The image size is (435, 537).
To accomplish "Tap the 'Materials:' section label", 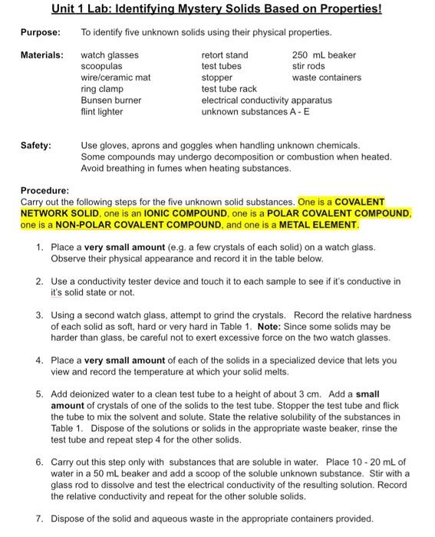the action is (x=41, y=55).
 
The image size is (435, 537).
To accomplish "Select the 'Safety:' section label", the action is (x=35, y=145).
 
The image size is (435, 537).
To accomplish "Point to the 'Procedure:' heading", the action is (x=45, y=190).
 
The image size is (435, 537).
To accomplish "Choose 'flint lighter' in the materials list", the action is (x=102, y=111).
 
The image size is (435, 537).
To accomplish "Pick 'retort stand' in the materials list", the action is (x=224, y=55).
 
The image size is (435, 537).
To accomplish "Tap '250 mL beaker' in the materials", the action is (x=324, y=55).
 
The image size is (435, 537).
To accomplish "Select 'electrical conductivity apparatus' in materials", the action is (x=266, y=100).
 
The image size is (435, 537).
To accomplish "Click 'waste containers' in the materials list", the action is (x=326, y=77).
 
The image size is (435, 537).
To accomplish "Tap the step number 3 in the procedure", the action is (x=39, y=315).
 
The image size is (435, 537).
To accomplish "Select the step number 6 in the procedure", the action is (x=39, y=463).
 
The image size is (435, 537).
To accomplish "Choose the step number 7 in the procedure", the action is (x=39, y=518).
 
